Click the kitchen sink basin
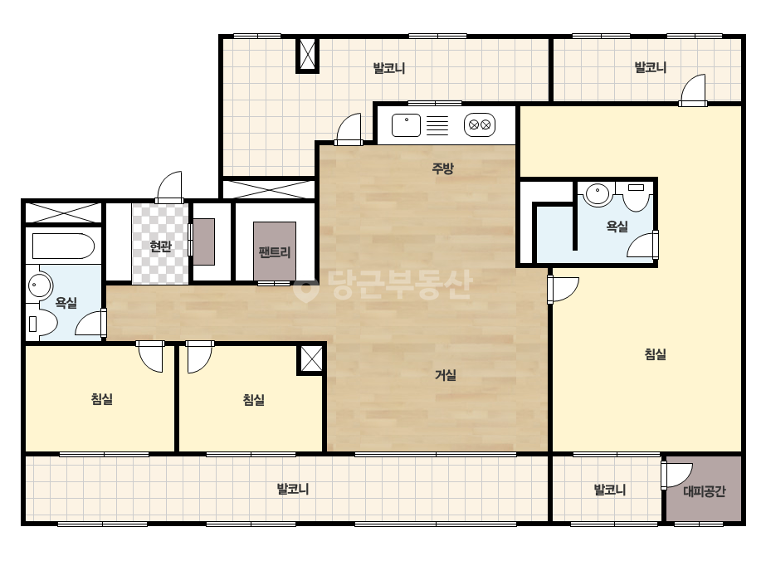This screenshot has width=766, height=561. point(406,125)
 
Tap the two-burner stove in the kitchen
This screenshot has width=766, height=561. point(479,125)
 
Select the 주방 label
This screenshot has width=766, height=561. point(442,168)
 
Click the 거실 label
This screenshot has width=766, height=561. point(446,375)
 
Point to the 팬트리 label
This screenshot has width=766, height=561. point(275,252)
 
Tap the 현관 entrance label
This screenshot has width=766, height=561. point(160,246)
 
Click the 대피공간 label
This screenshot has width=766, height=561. point(704,491)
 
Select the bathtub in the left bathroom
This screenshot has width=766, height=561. point(63,246)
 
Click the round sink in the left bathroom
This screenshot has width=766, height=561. point(40,285)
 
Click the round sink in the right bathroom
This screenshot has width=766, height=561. point(597,194)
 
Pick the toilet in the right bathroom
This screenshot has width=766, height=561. point(636,197)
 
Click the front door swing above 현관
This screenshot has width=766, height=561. point(169,187)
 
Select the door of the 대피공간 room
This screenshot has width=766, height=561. point(676,475)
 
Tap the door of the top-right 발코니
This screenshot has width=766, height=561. point(693,90)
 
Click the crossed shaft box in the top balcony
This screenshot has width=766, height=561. point(308,56)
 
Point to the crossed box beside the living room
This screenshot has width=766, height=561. point(311,359)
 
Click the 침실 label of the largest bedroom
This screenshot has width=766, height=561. point(655,354)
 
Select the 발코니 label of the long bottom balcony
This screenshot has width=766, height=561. point(293,489)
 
